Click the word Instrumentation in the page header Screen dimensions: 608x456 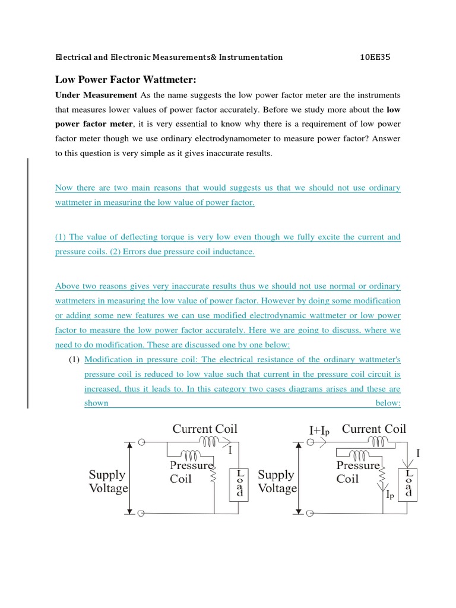click(251, 58)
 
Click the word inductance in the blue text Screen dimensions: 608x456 click(227, 252)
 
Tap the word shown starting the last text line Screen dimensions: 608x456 click(96, 403)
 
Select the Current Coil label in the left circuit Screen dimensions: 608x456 click(205, 429)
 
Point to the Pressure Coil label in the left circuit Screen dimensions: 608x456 click(191, 471)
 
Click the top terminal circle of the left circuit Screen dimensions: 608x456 click(141, 442)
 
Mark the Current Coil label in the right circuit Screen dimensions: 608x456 click(374, 429)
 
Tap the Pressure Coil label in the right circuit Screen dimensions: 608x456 click(357, 471)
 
